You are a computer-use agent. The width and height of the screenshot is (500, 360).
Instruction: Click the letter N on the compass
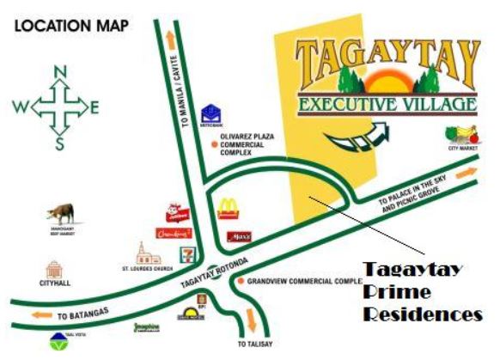tap(59, 72)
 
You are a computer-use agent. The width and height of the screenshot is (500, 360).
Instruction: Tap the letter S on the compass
tap(59, 144)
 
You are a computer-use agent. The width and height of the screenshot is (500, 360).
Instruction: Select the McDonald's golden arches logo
tap(227, 207)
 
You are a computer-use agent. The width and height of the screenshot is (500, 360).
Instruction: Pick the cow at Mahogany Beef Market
tap(60, 212)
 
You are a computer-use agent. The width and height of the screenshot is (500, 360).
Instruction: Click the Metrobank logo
tap(210, 114)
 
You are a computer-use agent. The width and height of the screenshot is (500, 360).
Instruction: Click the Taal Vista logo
tap(58, 339)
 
